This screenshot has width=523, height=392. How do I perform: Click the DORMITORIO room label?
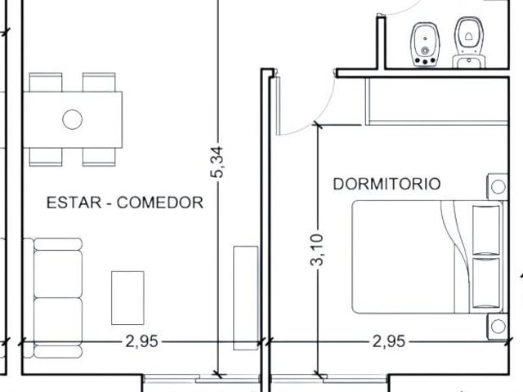click(387, 184)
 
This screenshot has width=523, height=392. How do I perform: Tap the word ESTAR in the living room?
click(74, 203)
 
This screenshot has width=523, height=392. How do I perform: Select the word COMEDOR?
click(160, 203)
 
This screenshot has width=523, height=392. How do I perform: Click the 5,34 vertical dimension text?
click(217, 162)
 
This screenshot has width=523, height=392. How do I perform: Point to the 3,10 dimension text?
click(317, 250)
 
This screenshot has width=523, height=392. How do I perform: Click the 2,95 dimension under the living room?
click(141, 341)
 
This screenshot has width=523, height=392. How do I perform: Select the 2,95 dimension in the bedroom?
click(389, 341)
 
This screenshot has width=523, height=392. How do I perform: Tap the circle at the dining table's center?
click(73, 119)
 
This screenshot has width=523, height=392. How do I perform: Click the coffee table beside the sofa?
click(127, 298)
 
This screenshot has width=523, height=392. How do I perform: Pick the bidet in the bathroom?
click(425, 45)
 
